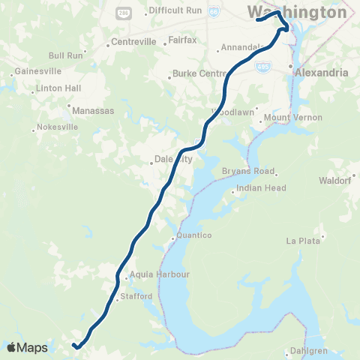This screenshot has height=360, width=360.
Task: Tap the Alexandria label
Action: click(x=321, y=73)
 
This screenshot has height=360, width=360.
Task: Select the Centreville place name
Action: click(x=132, y=41)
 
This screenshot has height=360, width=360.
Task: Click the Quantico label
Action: click(x=195, y=235)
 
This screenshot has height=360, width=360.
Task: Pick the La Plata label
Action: click(x=304, y=241)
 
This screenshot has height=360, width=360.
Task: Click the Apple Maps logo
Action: click(x=27, y=347)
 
